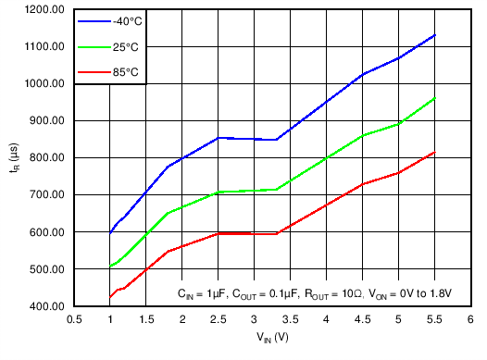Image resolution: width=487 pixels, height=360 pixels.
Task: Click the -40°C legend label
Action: [128, 20]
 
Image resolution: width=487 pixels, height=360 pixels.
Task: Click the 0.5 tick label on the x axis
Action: [74, 319]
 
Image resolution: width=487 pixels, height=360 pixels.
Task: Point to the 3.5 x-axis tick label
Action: [291, 319]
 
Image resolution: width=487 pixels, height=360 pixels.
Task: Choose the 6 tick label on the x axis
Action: [470, 319]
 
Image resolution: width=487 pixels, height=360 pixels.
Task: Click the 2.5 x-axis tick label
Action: [219, 319]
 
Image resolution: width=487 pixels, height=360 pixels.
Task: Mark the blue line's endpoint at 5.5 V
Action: [434, 35]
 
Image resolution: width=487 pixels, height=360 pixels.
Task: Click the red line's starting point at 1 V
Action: [110, 297]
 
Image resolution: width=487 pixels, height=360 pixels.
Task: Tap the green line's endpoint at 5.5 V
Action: [434, 98]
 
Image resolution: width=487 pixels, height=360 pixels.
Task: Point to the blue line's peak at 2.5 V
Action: [219, 138]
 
